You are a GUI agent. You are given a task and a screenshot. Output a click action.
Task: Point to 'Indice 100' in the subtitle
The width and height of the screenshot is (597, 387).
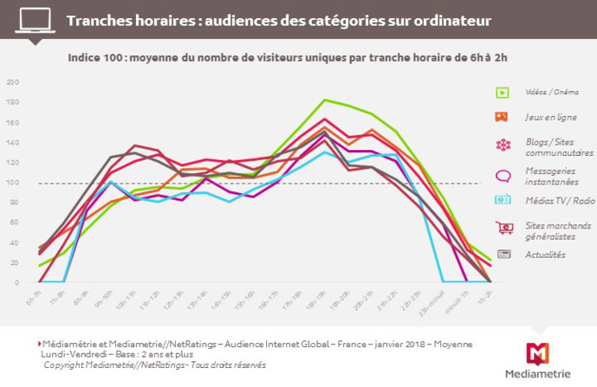point(99,58)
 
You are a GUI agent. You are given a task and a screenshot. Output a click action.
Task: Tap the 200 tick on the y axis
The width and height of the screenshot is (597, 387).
point(12,82)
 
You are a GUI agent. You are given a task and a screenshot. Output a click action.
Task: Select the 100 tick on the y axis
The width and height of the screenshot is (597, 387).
point(12,183)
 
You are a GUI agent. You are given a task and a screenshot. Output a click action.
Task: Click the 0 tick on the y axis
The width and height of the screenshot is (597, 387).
point(16,282)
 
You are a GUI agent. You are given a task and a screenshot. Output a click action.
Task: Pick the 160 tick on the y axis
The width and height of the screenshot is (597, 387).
point(12,122)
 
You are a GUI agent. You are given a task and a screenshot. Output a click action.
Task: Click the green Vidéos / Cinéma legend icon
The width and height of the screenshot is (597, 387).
point(502,93)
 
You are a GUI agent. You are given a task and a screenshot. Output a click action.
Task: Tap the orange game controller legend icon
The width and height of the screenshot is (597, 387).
point(502,116)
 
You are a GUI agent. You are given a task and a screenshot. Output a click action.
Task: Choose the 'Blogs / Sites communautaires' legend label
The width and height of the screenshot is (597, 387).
point(550,147)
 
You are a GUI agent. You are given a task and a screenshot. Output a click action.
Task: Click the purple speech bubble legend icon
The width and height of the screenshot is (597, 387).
point(502,176)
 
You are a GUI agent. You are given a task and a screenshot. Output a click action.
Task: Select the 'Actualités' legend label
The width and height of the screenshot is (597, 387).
point(545,255)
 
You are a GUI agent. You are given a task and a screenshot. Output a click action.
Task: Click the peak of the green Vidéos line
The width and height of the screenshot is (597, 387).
point(324,100)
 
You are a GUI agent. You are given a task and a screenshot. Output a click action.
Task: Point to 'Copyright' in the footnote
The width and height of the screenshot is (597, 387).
point(64,365)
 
